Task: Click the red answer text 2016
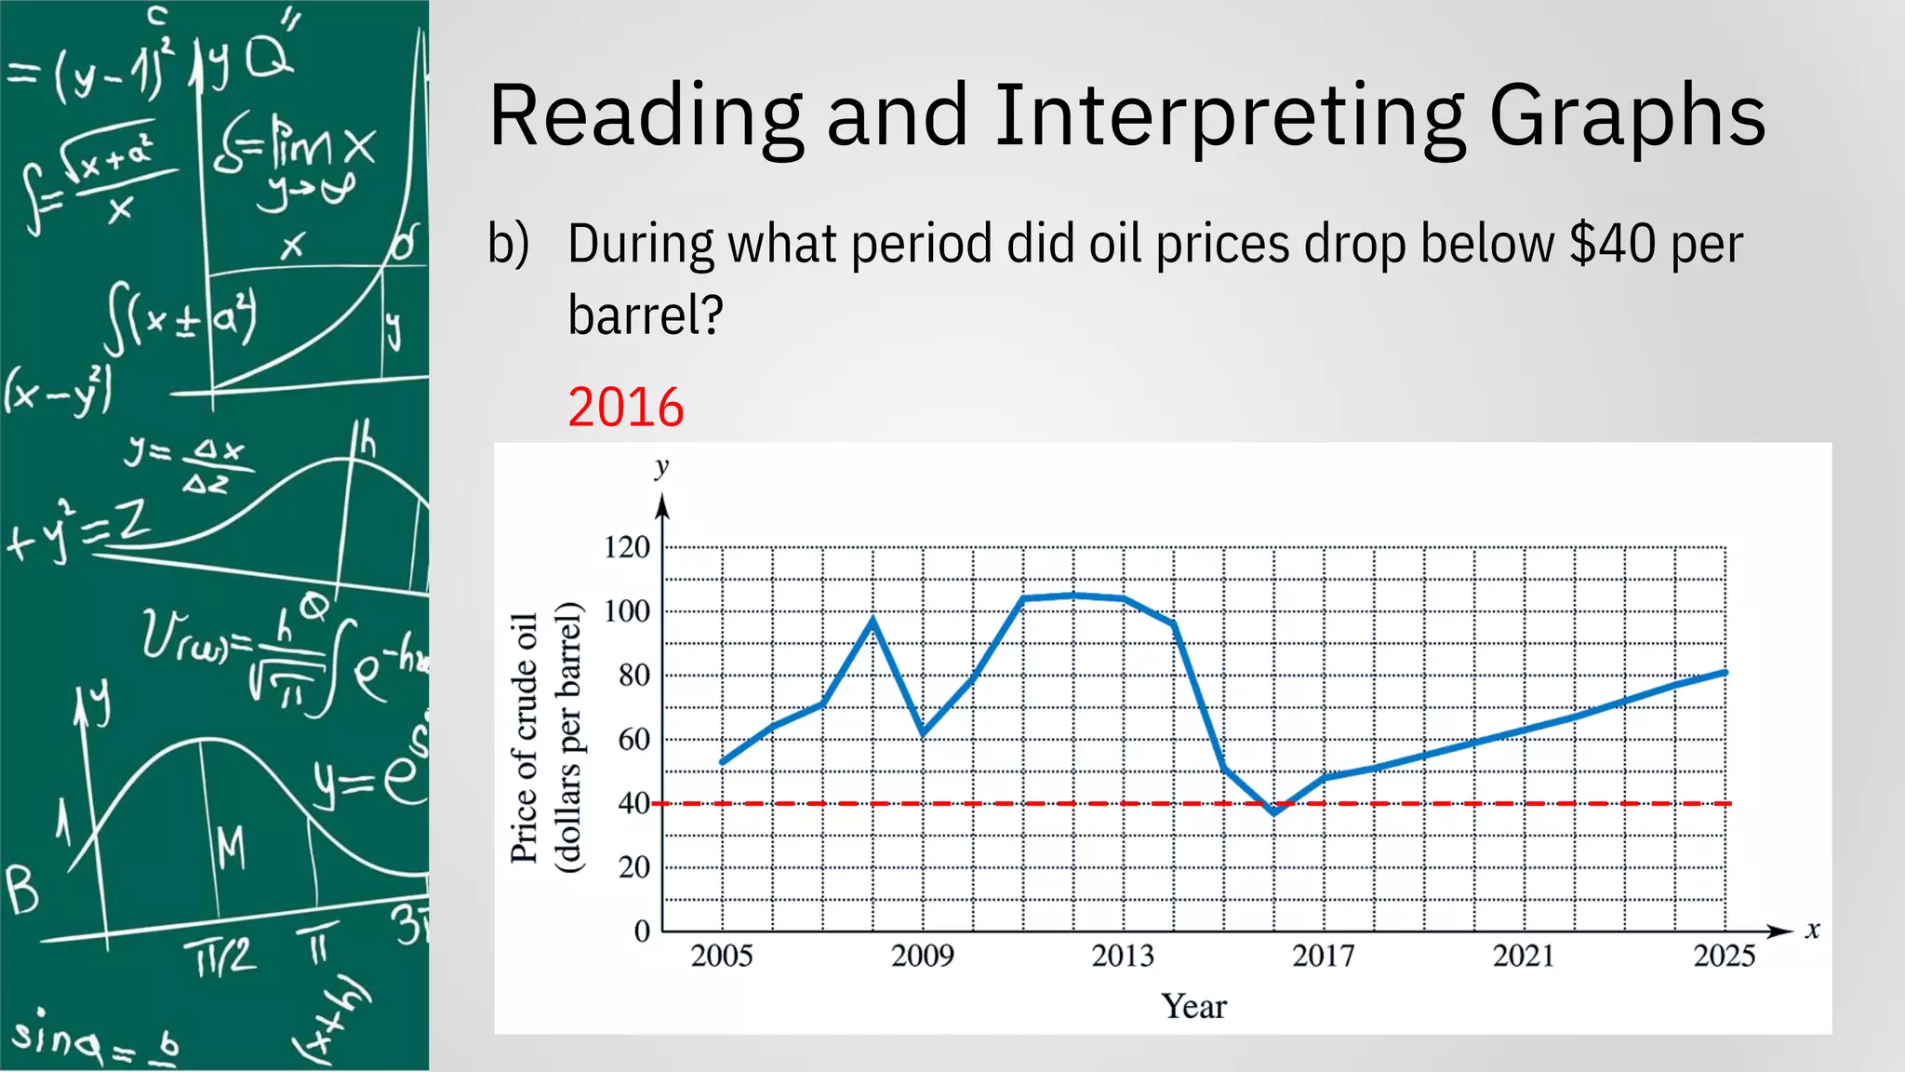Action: pyautogui.click(x=626, y=408)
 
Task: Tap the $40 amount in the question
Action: pyautogui.click(x=1612, y=245)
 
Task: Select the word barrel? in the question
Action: pyautogui.click(x=646, y=315)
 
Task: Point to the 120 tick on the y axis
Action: pyautogui.click(x=627, y=547)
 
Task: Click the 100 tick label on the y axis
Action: pyautogui.click(x=627, y=611)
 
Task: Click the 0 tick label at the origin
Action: pyautogui.click(x=642, y=931)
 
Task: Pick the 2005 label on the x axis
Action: pyautogui.click(x=722, y=956)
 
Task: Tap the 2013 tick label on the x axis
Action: pyautogui.click(x=1123, y=956)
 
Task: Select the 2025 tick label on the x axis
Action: pyautogui.click(x=1725, y=956)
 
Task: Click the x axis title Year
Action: pyautogui.click(x=1193, y=1007)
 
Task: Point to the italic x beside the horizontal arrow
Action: pyautogui.click(x=1812, y=930)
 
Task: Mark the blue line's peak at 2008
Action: pyautogui.click(x=873, y=619)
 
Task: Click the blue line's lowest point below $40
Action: pyautogui.click(x=1274, y=812)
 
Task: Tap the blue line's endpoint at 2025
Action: pyautogui.click(x=1725, y=672)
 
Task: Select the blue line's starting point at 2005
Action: pyautogui.click(x=723, y=762)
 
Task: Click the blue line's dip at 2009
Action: pyautogui.click(x=923, y=733)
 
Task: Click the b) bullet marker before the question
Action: pyautogui.click(x=509, y=245)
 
